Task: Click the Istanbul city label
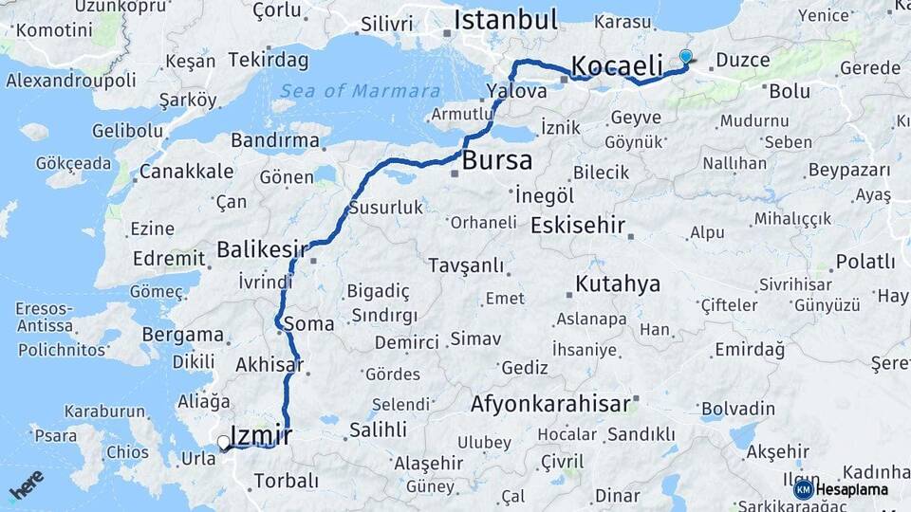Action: [505, 20]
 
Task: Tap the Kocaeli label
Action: [616, 66]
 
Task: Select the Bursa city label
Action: [497, 161]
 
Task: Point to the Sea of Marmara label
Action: [361, 91]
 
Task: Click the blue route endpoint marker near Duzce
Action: [686, 57]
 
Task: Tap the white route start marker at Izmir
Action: [223, 442]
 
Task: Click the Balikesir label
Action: [262, 249]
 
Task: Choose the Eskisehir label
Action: [578, 226]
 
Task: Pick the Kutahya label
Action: [618, 283]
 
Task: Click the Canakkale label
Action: [186, 172]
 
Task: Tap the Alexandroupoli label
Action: [72, 81]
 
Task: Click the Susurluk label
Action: [385, 207]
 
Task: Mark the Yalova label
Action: [516, 92]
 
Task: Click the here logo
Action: [27, 485]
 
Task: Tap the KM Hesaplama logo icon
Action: [803, 489]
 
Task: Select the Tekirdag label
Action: [269, 61]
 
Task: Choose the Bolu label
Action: [790, 91]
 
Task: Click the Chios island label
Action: [127, 452]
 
